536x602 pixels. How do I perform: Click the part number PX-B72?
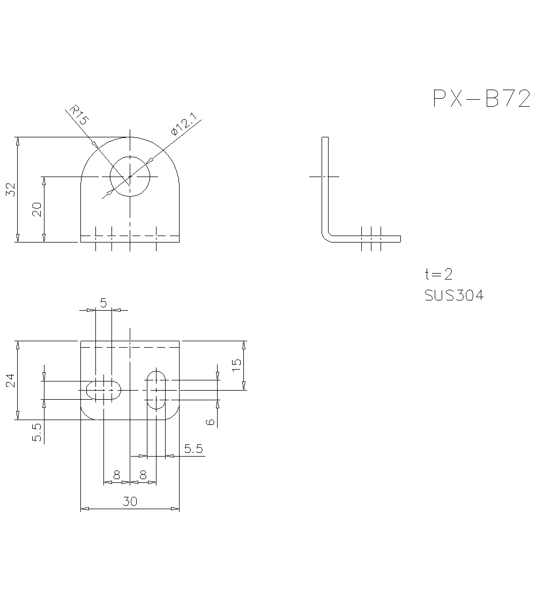(481, 99)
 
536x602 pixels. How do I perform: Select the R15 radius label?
(78, 116)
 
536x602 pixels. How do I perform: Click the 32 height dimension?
(11, 189)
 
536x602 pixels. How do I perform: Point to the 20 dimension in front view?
(37, 209)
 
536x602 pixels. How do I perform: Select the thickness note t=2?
(438, 274)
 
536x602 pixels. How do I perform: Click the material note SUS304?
(453, 296)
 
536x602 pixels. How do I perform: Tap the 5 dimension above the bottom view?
(103, 303)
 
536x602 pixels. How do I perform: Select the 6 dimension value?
(211, 422)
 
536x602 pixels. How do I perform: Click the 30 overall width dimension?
(130, 502)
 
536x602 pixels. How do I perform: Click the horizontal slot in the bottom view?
(103, 390)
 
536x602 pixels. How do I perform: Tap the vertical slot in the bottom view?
(157, 390)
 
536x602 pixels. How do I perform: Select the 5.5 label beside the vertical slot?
(193, 449)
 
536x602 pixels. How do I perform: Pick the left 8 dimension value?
(116, 475)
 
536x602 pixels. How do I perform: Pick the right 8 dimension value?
(143, 475)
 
